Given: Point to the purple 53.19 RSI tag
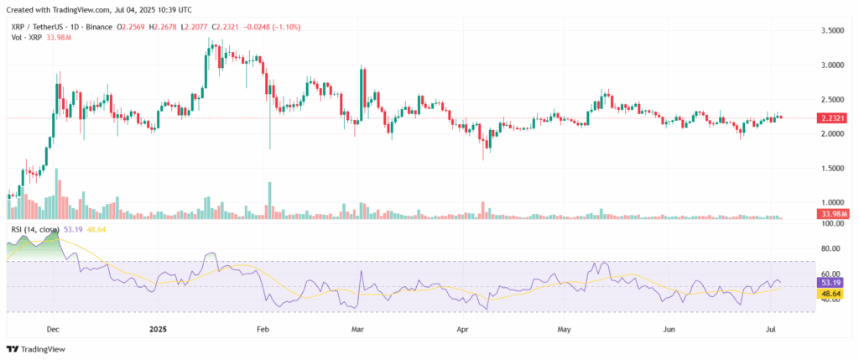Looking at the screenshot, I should pos(830,283).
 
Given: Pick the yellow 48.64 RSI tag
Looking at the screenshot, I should pos(830,295).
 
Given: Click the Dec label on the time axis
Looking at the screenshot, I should pos(53,329).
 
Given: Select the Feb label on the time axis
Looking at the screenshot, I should pos(263,329).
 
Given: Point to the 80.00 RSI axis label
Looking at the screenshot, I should pos(830,249).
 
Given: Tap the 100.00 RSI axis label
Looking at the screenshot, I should pos(830,224).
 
